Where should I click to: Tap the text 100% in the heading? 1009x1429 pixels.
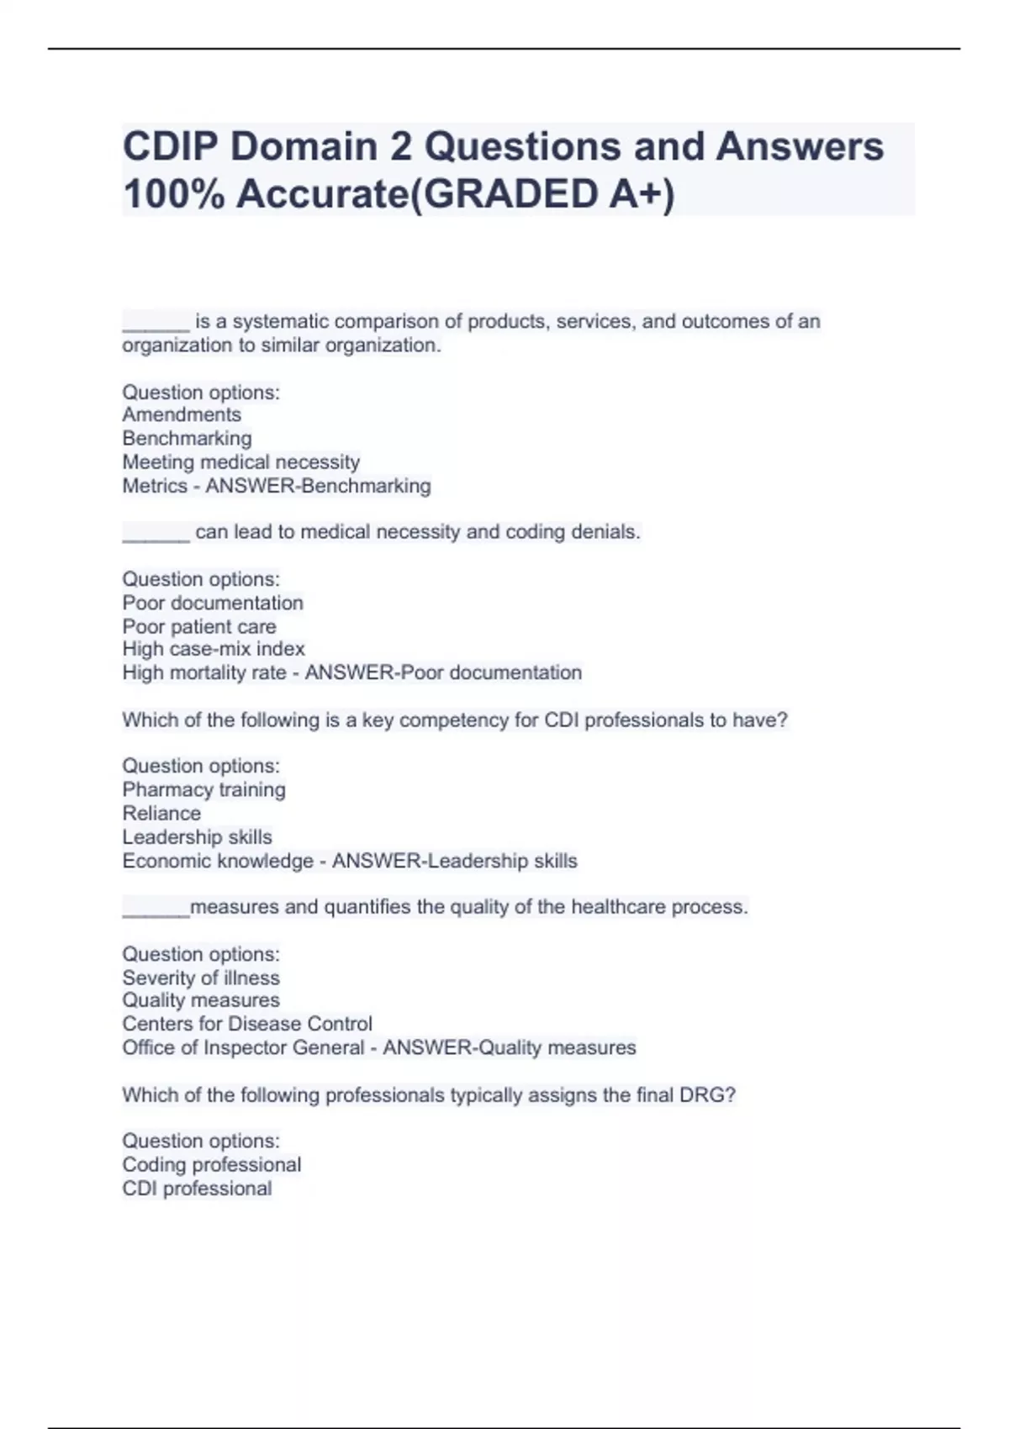172,195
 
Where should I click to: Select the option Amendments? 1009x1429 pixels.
182,414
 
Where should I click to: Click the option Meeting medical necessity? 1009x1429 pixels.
240,461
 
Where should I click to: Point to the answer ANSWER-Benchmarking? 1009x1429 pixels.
318,486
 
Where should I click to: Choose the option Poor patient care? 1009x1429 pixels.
198,626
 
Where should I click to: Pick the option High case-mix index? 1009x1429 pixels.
213,649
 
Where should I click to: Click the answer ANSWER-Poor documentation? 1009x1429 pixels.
443,672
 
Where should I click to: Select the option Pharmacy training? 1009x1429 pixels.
203,789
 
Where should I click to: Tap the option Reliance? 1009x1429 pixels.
161,813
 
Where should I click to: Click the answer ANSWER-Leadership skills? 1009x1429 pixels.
454,861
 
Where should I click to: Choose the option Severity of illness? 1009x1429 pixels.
200,978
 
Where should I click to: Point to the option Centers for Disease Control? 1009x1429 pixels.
246,1024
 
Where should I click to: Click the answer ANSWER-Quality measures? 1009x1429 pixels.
509,1047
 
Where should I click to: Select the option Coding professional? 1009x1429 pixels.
211,1164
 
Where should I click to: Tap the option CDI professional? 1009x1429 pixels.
197,1189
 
